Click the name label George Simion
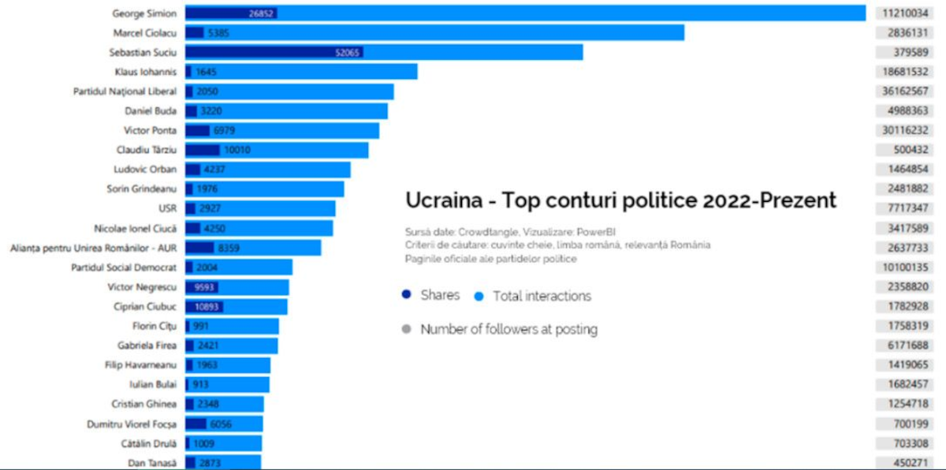coord(144,13)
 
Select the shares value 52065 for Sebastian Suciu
coord(347,52)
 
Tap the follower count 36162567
coord(905,91)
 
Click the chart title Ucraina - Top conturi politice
coord(620,200)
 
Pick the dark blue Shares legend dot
coord(406,295)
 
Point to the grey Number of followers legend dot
coord(406,330)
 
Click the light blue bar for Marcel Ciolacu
coord(473,33)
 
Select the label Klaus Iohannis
coord(146,72)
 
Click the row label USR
coord(167,209)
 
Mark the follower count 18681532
coord(905,72)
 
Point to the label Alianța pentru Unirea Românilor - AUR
coord(93,248)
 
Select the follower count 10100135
coord(905,267)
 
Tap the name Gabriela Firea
coord(147,345)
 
